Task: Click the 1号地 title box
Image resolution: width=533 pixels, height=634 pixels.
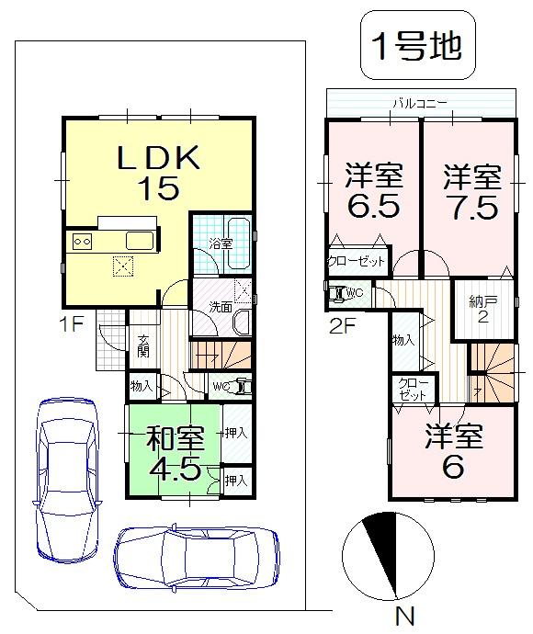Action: point(416,45)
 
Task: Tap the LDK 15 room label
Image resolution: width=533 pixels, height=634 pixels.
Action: point(157,174)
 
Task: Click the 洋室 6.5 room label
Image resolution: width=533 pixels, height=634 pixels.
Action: point(373,190)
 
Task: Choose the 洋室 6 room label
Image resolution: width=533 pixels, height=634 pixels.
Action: point(452,453)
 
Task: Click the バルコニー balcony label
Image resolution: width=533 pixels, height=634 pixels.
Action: point(420,102)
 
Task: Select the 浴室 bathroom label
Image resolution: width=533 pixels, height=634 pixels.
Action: point(221,243)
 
